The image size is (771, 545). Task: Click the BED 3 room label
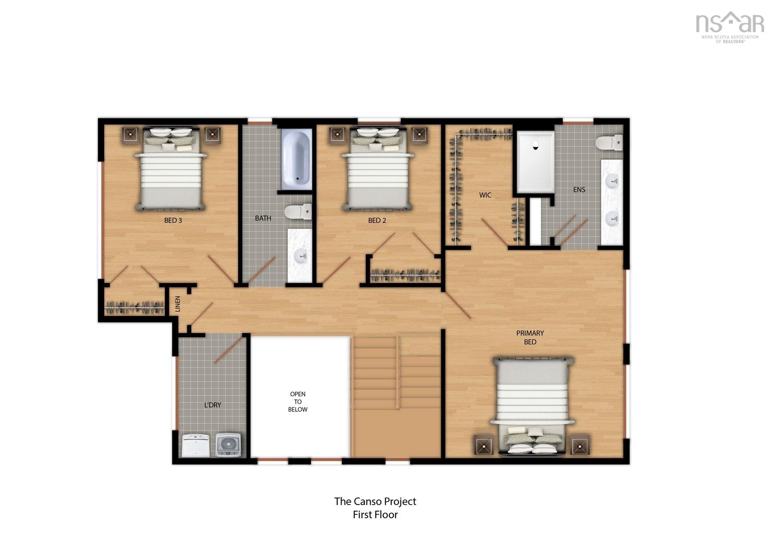(x=173, y=220)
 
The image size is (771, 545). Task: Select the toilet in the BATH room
(x=298, y=212)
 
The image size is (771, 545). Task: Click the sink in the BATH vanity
(x=301, y=256)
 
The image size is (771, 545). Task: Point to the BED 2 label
(x=377, y=220)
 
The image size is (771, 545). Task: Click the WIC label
(x=485, y=195)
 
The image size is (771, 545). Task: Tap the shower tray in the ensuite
(x=535, y=162)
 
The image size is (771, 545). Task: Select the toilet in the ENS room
(x=609, y=142)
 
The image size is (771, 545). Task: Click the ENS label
(x=579, y=189)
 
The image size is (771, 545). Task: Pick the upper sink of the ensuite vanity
(x=612, y=180)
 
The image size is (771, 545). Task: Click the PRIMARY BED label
(x=530, y=337)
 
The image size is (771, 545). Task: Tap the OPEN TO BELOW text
(x=298, y=401)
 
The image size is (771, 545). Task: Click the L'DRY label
(x=212, y=405)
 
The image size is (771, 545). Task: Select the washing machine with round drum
(x=228, y=445)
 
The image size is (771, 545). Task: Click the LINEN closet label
(x=178, y=304)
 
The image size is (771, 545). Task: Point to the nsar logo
(x=730, y=26)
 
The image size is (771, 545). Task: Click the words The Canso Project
(x=375, y=501)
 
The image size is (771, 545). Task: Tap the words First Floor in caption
(x=375, y=514)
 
